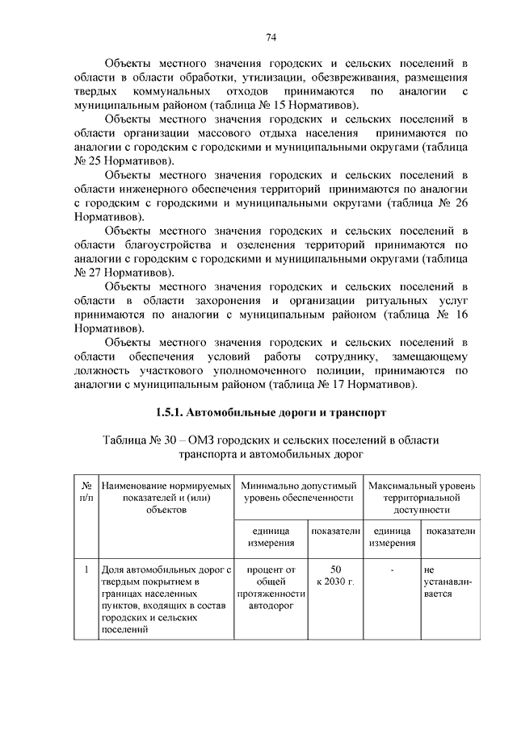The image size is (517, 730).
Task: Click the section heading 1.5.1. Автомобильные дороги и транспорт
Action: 271,413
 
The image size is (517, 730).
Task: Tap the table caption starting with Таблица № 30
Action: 271,446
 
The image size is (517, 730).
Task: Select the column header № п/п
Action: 86,493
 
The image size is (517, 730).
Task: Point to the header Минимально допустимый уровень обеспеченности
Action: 299,493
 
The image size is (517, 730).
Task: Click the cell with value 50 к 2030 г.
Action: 331,576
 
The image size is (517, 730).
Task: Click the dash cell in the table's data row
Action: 391,570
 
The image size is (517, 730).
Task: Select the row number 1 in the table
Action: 86,570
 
